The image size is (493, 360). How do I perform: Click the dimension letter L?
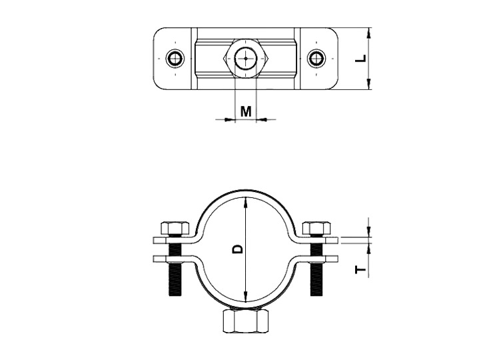(x=362, y=58)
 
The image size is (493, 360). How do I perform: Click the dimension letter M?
(x=246, y=111)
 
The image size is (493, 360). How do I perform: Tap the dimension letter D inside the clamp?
(x=238, y=249)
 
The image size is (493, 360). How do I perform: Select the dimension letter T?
(x=361, y=270)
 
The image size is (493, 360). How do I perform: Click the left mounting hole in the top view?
(x=175, y=58)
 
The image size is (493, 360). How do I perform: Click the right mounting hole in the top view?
(x=316, y=58)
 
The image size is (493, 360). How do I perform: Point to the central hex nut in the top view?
(x=246, y=59)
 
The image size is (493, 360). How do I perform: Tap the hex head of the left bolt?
(x=175, y=228)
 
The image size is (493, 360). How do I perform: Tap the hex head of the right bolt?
(x=316, y=228)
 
